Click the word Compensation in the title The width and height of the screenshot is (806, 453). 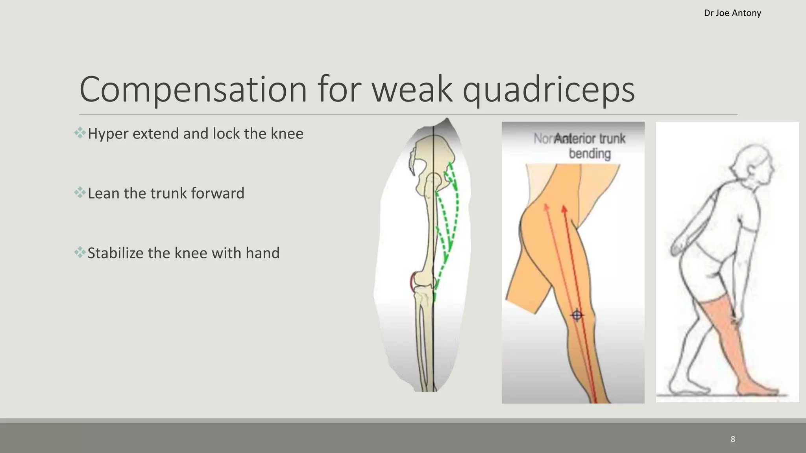[x=193, y=90]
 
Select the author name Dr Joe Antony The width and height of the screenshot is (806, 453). [x=732, y=13]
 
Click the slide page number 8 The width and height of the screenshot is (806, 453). [x=733, y=439]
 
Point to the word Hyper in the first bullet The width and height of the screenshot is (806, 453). [x=108, y=134]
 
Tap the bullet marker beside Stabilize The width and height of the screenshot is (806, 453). [x=80, y=252]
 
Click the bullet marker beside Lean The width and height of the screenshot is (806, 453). [x=80, y=193]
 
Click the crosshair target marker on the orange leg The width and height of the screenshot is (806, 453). [x=577, y=315]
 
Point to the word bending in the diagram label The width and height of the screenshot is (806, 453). [x=590, y=154]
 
